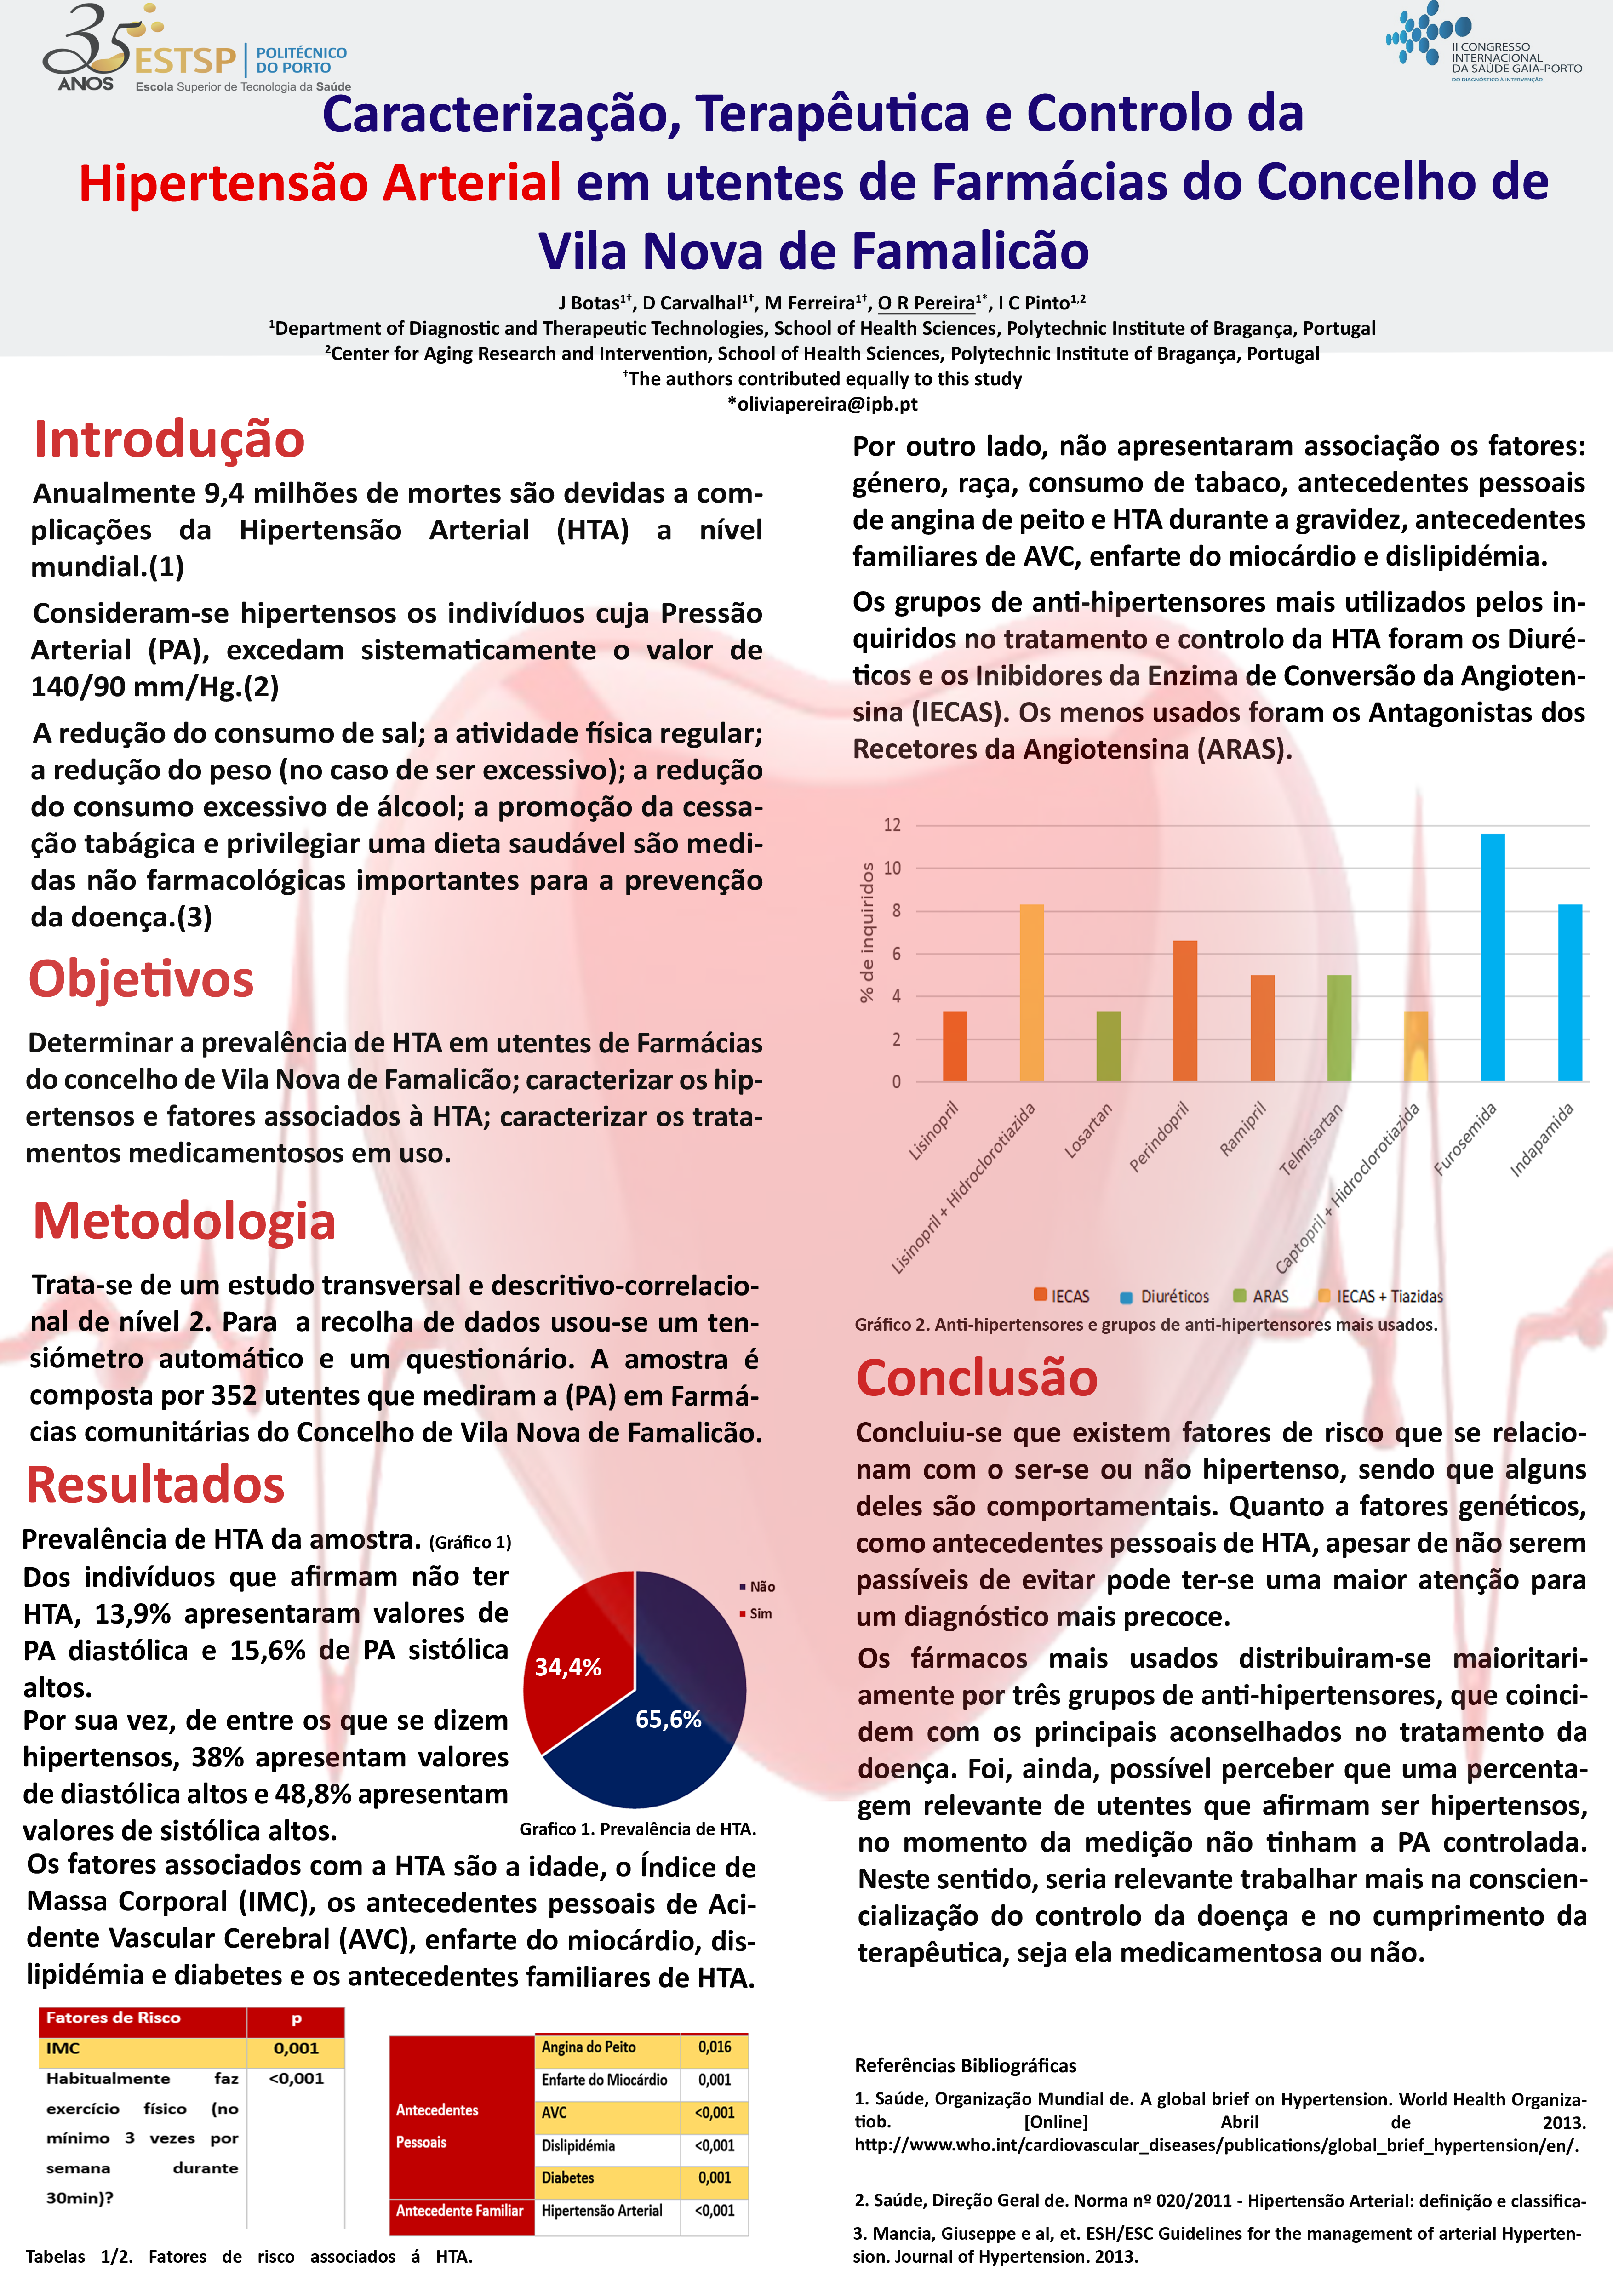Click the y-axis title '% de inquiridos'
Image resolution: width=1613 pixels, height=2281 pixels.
click(x=867, y=932)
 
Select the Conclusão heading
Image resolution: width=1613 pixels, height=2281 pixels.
click(x=976, y=1378)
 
